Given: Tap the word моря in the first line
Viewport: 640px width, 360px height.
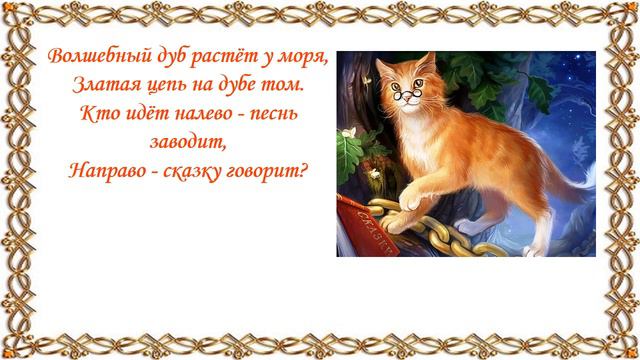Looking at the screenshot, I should pyautogui.click(x=305, y=56).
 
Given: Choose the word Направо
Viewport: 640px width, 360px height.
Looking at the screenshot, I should pyautogui.click(x=105, y=169).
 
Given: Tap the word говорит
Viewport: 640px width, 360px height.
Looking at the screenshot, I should pyautogui.click(x=269, y=169).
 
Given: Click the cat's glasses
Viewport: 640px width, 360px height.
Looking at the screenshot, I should pyautogui.click(x=405, y=97).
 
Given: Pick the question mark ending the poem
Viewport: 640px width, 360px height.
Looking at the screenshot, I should pyautogui.click(x=304, y=169).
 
